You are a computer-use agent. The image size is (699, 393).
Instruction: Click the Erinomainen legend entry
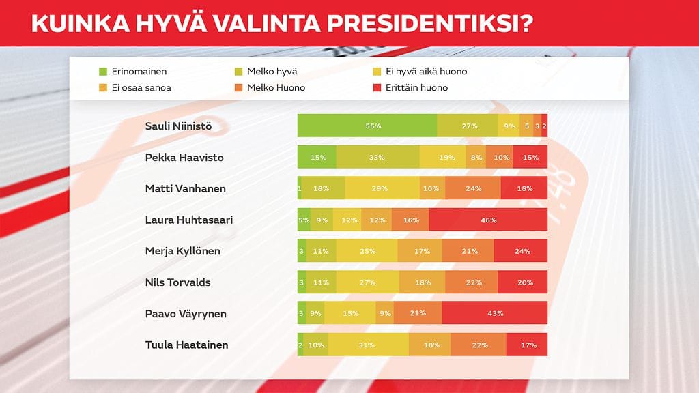[139, 71]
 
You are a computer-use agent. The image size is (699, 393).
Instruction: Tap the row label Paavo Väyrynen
[186, 314]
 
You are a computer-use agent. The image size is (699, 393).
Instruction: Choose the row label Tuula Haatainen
[186, 345]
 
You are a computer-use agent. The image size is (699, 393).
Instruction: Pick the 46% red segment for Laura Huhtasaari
[488, 220]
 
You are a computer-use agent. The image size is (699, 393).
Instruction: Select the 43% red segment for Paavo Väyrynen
[495, 314]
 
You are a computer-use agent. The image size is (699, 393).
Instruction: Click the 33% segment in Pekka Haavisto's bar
[377, 158]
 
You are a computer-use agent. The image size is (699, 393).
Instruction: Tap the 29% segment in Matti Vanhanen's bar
[382, 189]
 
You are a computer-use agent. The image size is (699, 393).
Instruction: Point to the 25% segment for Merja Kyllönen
[367, 251]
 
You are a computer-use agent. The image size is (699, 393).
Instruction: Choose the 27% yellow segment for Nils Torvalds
[368, 282]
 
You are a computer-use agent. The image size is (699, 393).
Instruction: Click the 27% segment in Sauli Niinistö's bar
[468, 126]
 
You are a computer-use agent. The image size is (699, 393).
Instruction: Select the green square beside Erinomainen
[103, 71]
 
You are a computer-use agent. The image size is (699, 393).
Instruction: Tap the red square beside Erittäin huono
[376, 87]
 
